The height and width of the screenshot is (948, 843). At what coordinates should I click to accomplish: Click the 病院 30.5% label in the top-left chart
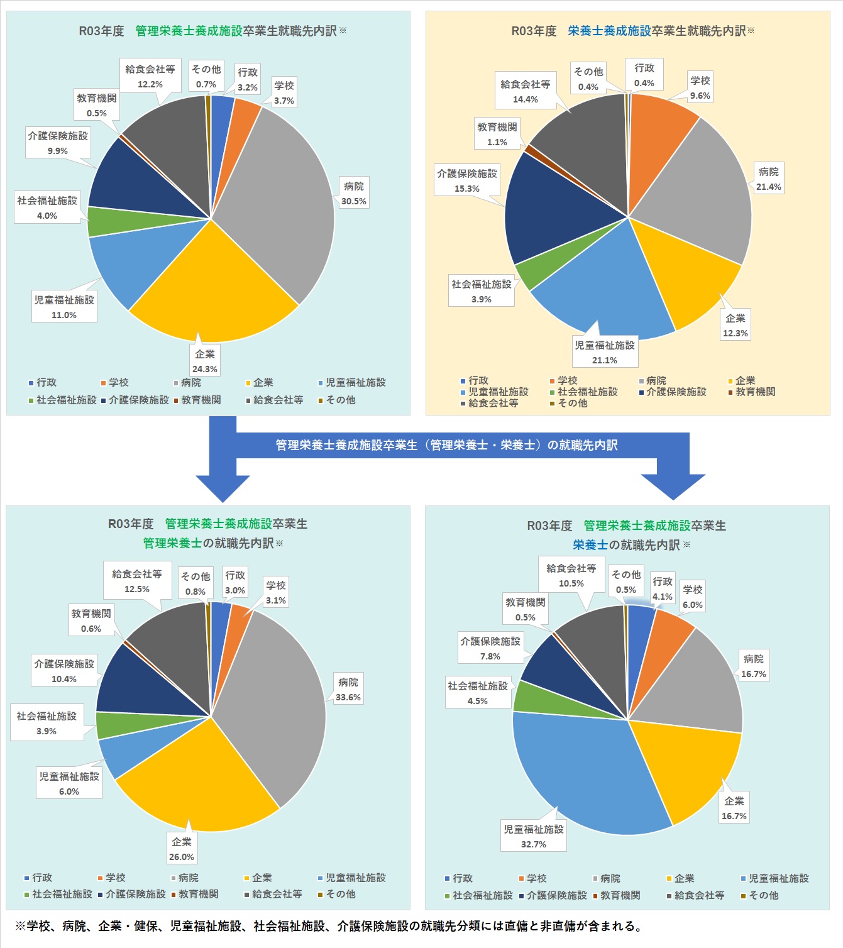[354, 194]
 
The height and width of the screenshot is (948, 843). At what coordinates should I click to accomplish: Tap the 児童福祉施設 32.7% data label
[534, 837]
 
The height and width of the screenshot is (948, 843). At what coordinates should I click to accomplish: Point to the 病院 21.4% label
[768, 179]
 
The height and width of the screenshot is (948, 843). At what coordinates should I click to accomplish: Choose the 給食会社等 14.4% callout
[526, 92]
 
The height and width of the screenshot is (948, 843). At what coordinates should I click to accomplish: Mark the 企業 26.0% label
[182, 849]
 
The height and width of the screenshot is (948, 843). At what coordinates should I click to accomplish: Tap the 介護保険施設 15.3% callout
[467, 181]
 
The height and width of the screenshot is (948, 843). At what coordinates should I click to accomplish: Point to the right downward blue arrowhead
[673, 487]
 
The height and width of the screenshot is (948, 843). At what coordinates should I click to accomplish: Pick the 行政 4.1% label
[663, 589]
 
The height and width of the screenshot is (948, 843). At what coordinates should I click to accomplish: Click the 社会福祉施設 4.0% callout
[47, 208]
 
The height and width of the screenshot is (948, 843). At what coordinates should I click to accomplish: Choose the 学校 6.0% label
[693, 597]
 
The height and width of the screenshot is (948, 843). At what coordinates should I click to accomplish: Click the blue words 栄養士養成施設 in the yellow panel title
[609, 31]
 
